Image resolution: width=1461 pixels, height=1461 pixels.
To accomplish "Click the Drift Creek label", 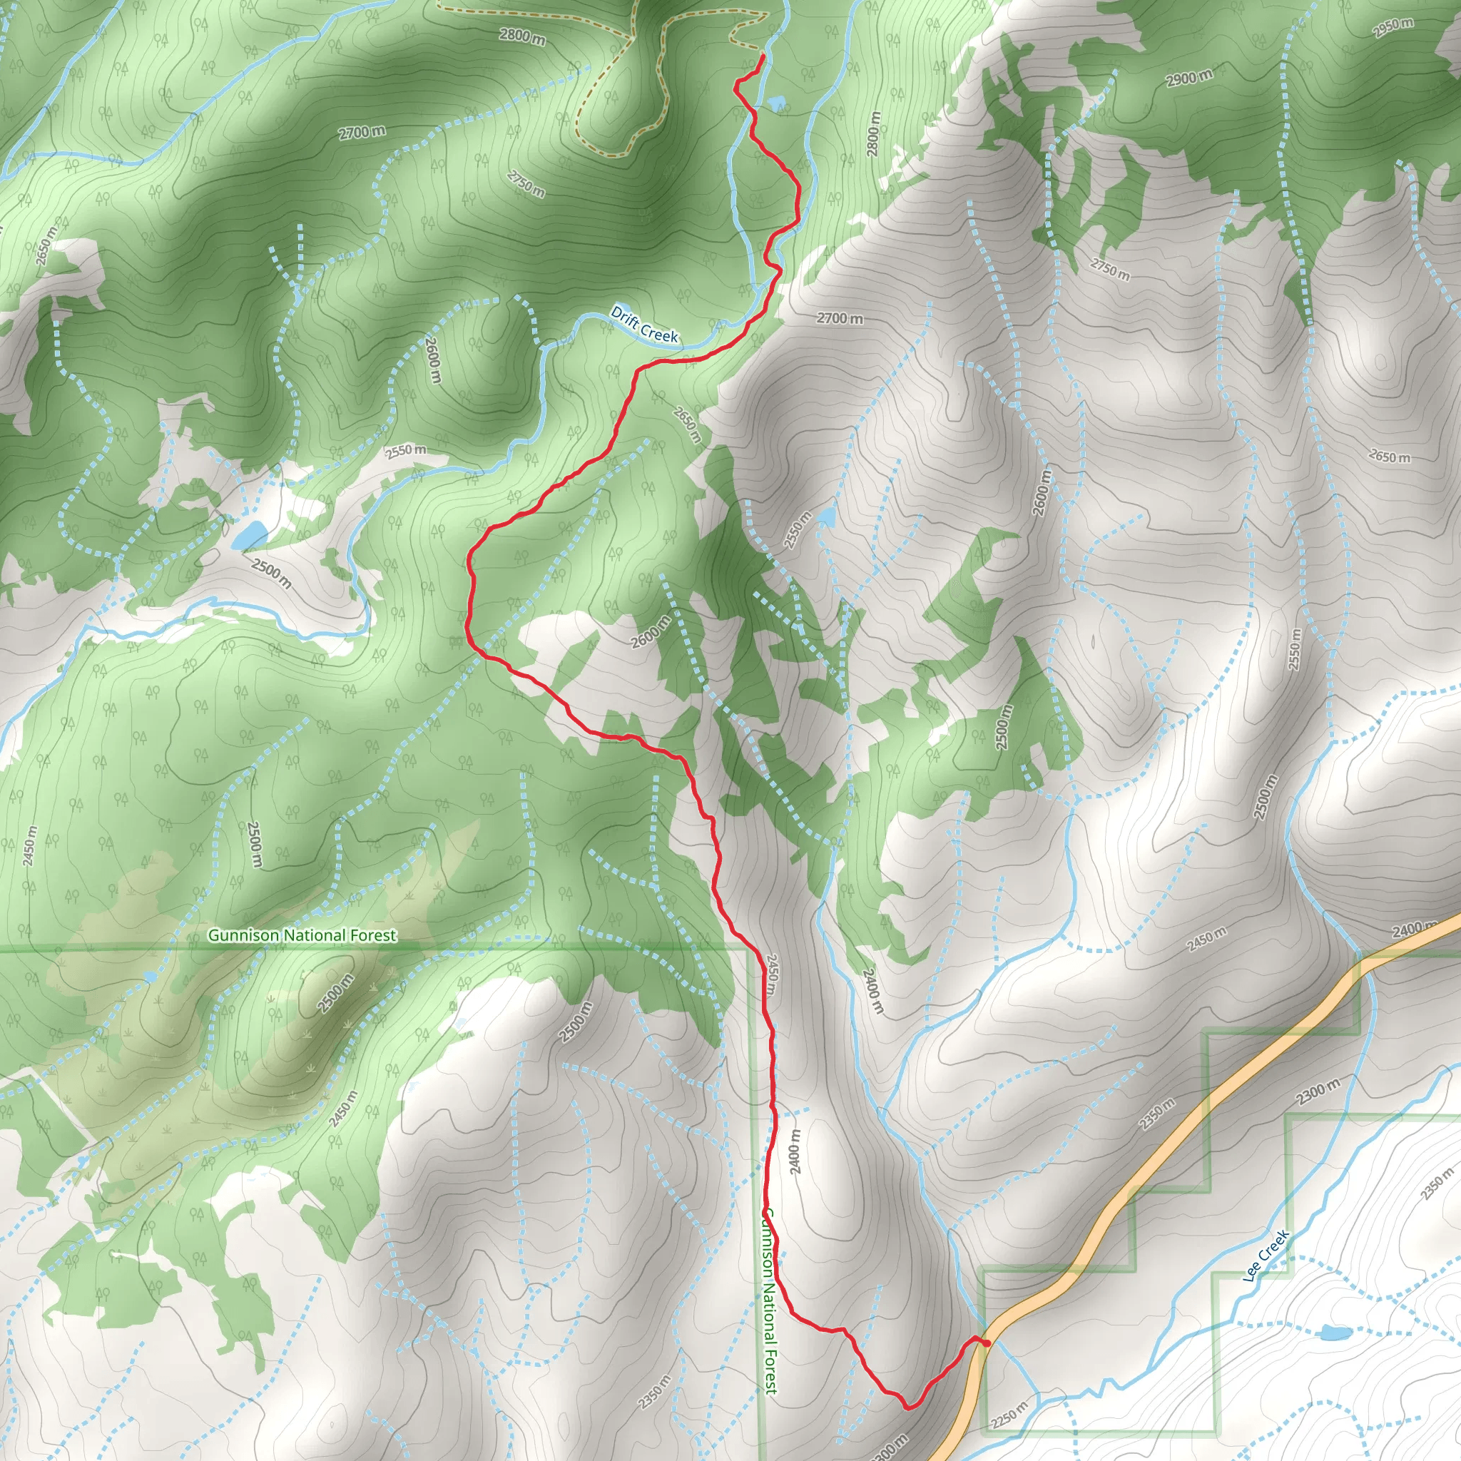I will pyautogui.click(x=644, y=325).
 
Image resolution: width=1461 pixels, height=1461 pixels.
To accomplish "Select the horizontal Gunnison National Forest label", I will pyautogui.click(x=302, y=935).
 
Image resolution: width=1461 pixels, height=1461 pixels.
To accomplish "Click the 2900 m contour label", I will pyautogui.click(x=1188, y=77).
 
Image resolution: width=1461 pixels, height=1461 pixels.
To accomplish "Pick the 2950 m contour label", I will pyautogui.click(x=1393, y=27).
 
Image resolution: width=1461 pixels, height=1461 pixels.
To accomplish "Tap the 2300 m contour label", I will pyautogui.click(x=1319, y=1092).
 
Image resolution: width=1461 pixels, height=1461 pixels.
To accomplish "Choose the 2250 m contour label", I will pyautogui.click(x=1009, y=1414).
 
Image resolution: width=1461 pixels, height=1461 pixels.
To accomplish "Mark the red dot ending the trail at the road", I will pyautogui.click(x=986, y=1343).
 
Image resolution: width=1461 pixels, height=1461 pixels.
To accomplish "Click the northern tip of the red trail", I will pyautogui.click(x=763, y=56).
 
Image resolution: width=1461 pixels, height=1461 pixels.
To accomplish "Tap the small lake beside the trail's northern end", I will pyautogui.click(x=776, y=101).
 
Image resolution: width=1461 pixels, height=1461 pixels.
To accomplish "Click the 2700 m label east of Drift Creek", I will pyautogui.click(x=840, y=318).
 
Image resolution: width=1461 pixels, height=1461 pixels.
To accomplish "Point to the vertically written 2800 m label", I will pyautogui.click(x=873, y=134).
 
